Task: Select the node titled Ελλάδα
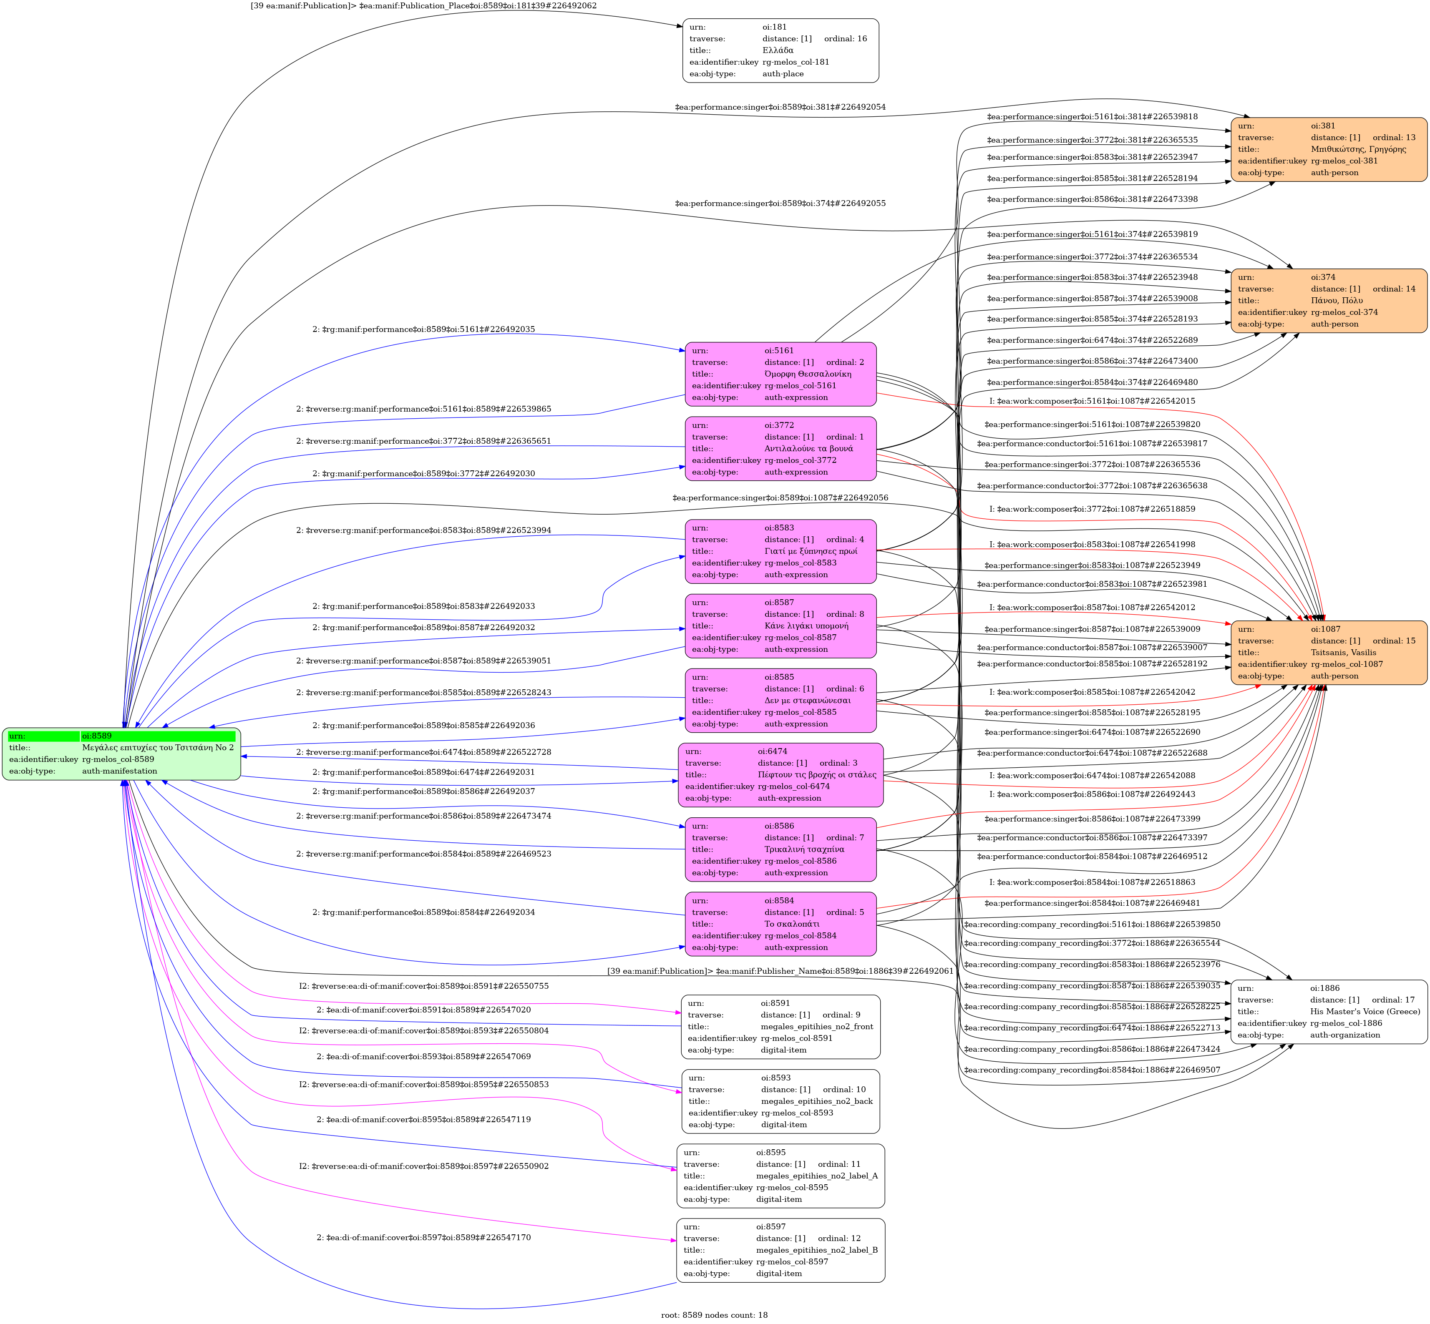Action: click(780, 50)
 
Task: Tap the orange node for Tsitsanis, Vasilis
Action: click(1328, 653)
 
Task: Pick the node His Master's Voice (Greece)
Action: click(1328, 1012)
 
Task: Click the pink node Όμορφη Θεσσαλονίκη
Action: click(780, 374)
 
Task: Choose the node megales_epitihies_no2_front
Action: click(780, 1027)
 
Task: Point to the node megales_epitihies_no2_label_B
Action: click(780, 1250)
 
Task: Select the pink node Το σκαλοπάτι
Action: click(780, 924)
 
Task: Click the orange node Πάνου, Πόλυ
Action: click(1328, 301)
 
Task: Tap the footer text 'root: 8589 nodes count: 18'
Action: click(714, 1315)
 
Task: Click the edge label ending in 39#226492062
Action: click(423, 6)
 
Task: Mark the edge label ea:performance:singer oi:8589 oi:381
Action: click(780, 108)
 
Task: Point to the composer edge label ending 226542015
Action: click(1092, 401)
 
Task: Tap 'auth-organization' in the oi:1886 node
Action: click(1345, 1035)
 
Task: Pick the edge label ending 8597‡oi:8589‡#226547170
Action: click(424, 1237)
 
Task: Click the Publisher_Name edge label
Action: click(780, 972)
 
